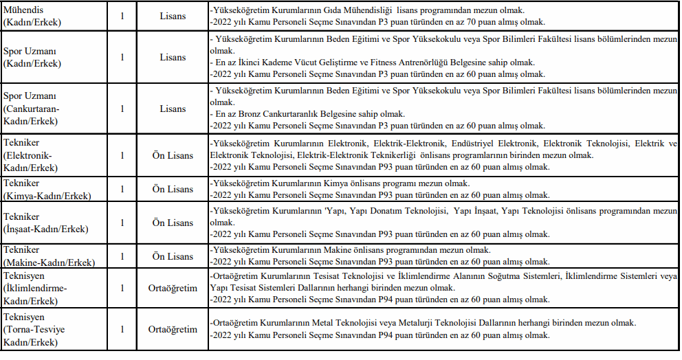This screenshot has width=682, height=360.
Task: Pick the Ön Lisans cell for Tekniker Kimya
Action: pos(172,189)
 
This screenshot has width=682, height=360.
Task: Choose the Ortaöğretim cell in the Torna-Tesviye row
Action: pos(172,329)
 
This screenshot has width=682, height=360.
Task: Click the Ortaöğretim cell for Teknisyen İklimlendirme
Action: pos(172,289)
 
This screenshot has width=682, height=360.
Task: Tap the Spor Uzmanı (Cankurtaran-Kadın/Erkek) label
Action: pos(32,109)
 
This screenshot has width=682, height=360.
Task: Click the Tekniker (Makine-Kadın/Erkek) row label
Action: pos(48,256)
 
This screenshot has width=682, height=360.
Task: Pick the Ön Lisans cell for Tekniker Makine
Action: pos(172,256)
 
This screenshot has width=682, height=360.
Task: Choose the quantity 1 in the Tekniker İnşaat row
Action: pos(122,223)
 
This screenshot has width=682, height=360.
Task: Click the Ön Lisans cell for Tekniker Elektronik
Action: pos(172,155)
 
